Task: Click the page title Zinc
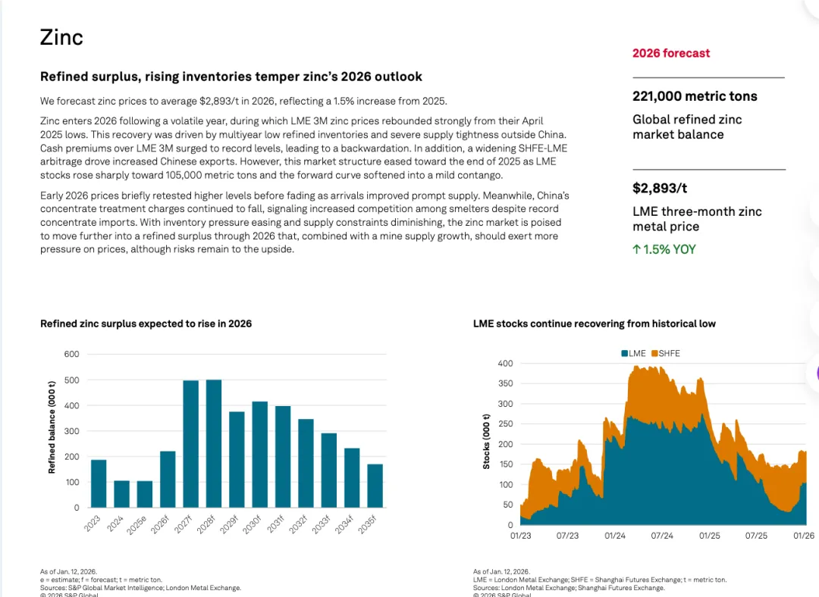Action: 61,37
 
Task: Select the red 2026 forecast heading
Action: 671,53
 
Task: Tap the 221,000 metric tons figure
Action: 695,96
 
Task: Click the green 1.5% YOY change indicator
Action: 664,249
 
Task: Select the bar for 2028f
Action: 214,443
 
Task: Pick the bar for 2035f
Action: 375,486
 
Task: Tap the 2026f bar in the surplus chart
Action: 168,479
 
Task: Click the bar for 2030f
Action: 259,454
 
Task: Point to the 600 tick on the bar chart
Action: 71,354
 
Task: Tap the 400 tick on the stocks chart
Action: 505,364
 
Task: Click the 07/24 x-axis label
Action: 662,536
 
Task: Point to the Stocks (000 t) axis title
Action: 486,441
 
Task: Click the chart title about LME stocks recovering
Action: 594,324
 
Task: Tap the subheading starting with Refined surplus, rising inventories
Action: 231,77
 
